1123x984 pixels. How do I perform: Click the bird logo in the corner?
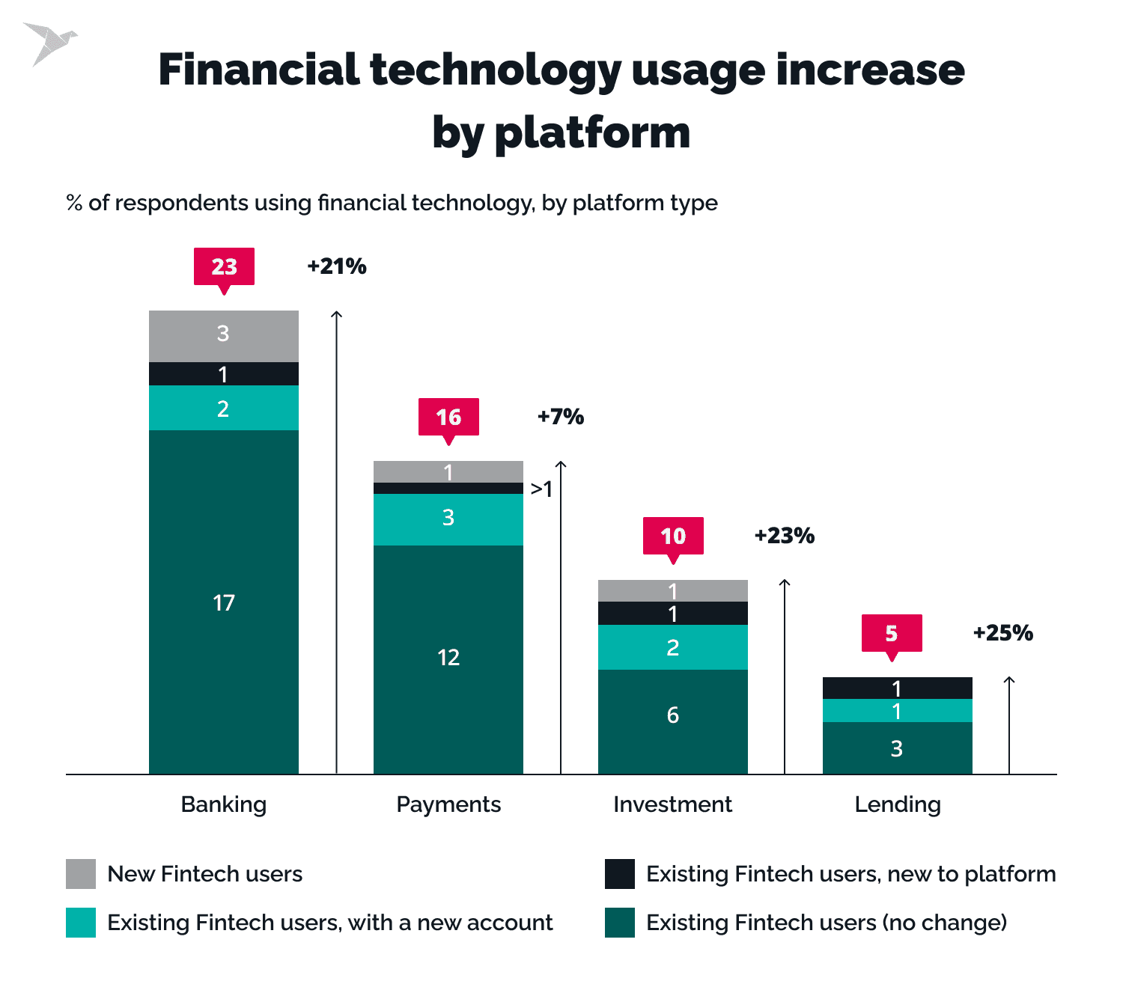[x=50, y=43]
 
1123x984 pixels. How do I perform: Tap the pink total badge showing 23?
[x=224, y=266]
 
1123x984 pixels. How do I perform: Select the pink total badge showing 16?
[x=448, y=417]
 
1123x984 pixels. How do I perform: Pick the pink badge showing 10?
[x=673, y=536]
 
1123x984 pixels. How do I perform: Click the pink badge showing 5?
[x=892, y=633]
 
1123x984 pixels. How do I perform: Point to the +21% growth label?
[x=337, y=266]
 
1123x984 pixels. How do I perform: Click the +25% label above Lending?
[x=1003, y=633]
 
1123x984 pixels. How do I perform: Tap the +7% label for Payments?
[x=561, y=417]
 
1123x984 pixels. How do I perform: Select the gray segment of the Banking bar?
[x=224, y=336]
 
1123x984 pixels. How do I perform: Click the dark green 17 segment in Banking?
[x=224, y=602]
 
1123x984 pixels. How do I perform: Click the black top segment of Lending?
[x=898, y=688]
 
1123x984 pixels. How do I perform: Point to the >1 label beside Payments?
[x=541, y=489]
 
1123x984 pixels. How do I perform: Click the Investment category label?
[x=672, y=804]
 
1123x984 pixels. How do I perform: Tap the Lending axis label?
[x=898, y=804]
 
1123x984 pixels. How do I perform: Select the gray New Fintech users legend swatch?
[x=81, y=874]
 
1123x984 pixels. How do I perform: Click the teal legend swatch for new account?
[x=81, y=923]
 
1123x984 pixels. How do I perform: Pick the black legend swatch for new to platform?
[x=620, y=874]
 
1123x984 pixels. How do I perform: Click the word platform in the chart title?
[x=592, y=133]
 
